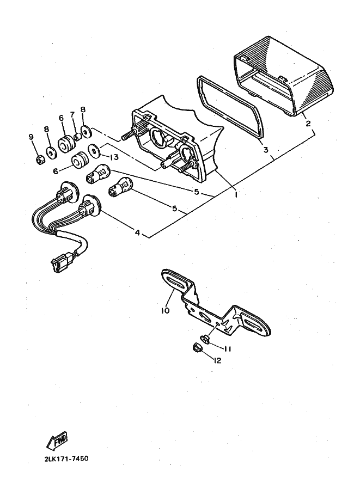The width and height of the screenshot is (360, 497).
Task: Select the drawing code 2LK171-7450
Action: point(67,458)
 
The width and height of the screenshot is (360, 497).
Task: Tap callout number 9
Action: point(31,137)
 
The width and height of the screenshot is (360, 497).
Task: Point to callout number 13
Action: point(114,157)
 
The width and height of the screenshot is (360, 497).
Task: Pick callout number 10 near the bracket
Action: point(165,310)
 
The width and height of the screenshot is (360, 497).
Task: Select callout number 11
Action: point(227,349)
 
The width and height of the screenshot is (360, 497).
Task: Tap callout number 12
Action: point(217,360)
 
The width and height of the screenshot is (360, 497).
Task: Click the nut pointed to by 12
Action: point(196,348)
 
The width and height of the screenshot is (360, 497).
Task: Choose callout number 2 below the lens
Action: point(308,124)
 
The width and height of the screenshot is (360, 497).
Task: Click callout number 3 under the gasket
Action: point(266,149)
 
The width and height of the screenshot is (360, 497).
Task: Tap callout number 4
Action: point(137,232)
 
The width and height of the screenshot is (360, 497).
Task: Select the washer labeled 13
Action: point(95,150)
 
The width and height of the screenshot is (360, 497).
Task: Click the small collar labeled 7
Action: point(77,137)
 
